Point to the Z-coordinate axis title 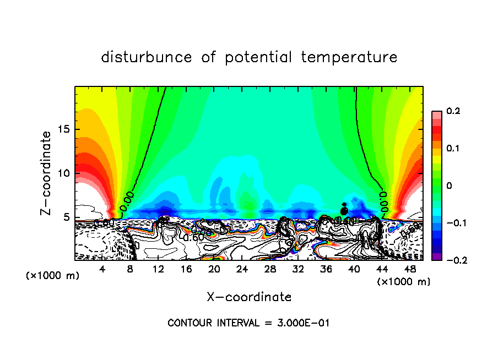click(x=46, y=173)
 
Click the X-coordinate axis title click(x=249, y=297)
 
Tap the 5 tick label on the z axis click(x=67, y=217)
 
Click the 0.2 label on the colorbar click(x=452, y=112)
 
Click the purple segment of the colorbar click(x=436, y=257)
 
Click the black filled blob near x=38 click(x=344, y=210)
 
